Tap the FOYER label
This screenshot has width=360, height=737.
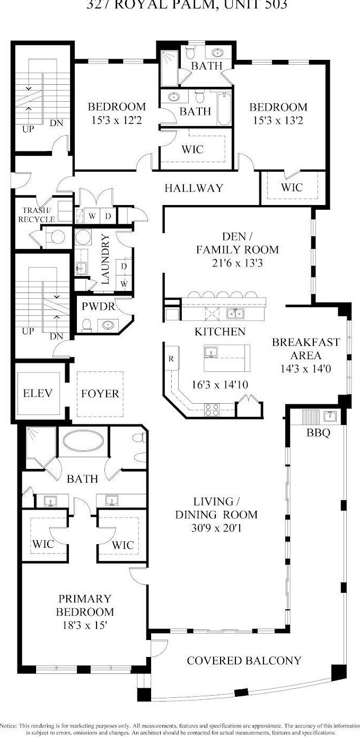100,394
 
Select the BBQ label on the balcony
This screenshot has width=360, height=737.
318,433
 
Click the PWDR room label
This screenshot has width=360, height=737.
95,306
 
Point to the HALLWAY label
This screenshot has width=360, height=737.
194,188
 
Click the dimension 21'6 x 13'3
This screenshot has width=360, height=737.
237,262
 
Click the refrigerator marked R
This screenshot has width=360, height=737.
171,359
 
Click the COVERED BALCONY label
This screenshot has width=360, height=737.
244,660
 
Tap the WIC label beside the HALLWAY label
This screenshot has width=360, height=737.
292,188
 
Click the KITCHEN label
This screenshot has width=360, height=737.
219,332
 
